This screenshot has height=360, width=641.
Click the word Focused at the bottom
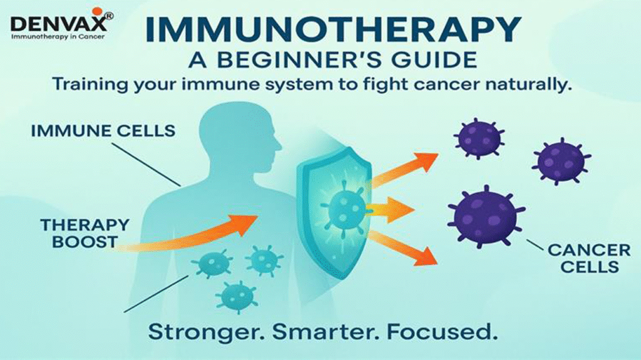coord(438,331)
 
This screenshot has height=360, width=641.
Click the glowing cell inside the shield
coord(345,208)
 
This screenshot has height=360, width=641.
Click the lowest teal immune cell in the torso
coord(237,295)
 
